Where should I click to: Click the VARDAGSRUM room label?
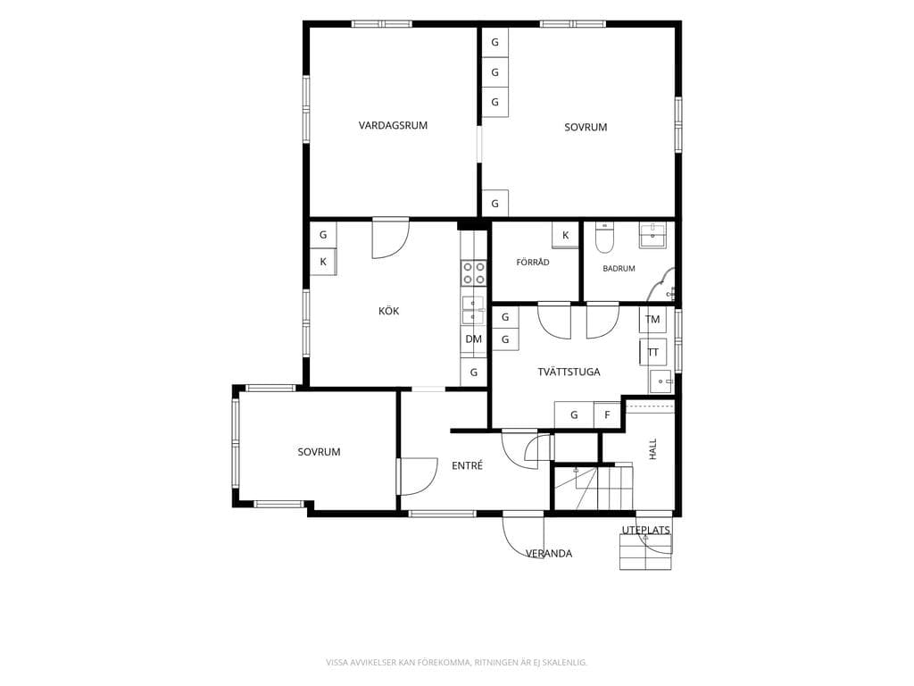pos(393,125)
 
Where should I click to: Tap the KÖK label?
pos(389,311)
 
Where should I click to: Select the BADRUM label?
pos(619,269)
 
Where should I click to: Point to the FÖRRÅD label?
pos(533,263)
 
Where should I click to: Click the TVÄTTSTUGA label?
pos(569,372)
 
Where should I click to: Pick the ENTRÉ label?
pos(468,465)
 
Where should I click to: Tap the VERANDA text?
pos(549,554)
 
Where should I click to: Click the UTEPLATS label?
pos(646,531)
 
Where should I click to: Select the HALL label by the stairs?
pos(652,449)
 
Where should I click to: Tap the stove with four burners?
pos(474,273)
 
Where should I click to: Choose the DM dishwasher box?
pos(474,339)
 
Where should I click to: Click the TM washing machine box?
pos(652,319)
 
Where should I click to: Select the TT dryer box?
pos(652,352)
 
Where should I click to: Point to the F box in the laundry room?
pos(607,415)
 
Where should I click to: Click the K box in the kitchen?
pos(323,262)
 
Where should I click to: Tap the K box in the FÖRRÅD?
pos(565,236)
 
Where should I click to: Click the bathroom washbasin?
pos(656,235)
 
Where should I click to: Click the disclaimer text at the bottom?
pos(456,662)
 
